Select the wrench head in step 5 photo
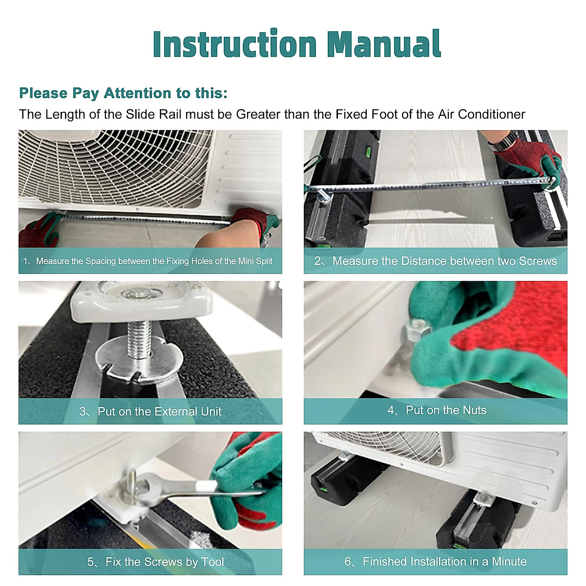144,486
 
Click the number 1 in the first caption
25,261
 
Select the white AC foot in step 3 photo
141,299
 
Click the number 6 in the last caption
348,561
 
